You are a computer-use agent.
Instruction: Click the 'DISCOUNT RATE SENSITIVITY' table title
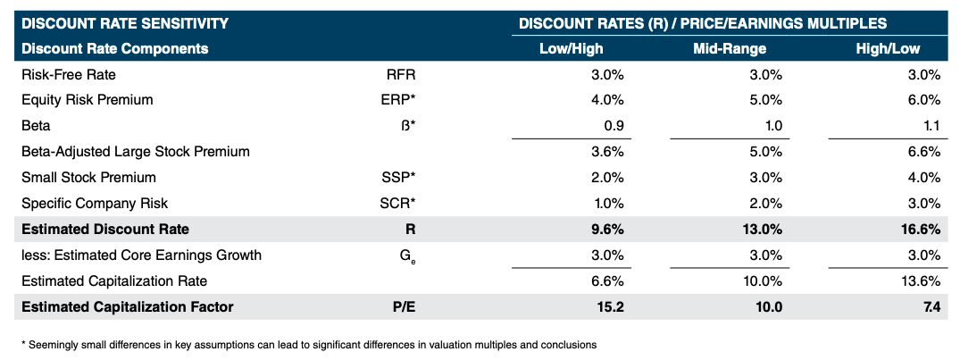coord(124,23)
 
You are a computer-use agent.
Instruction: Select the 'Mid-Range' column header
coord(730,48)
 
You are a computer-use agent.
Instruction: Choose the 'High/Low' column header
coord(888,48)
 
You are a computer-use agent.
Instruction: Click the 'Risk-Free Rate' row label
coord(68,74)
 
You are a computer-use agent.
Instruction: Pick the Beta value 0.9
coord(614,126)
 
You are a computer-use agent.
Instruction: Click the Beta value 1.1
coord(931,126)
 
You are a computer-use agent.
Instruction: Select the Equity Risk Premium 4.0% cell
coord(607,100)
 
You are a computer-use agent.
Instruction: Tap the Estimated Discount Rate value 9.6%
coord(606,229)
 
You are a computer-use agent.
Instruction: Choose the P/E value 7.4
coord(931,306)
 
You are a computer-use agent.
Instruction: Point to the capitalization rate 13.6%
coord(922,280)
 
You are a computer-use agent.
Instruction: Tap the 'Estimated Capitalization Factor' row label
coord(127,306)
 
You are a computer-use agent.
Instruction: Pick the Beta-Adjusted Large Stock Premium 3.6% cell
coord(607,152)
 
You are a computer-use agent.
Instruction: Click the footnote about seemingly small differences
coord(308,344)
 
